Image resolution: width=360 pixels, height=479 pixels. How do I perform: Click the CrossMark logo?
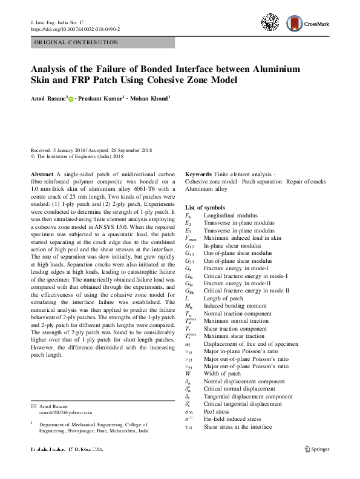(308, 24)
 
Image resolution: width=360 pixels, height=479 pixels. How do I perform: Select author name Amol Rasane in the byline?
(48, 98)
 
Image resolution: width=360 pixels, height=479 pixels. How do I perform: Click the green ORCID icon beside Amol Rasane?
(71, 99)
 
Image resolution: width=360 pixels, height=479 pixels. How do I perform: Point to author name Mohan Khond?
(151, 98)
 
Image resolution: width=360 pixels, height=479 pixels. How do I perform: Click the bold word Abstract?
(42, 174)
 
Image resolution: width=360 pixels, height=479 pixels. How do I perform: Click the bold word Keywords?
(198, 174)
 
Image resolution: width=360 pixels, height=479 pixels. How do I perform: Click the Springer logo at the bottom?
(316, 449)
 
